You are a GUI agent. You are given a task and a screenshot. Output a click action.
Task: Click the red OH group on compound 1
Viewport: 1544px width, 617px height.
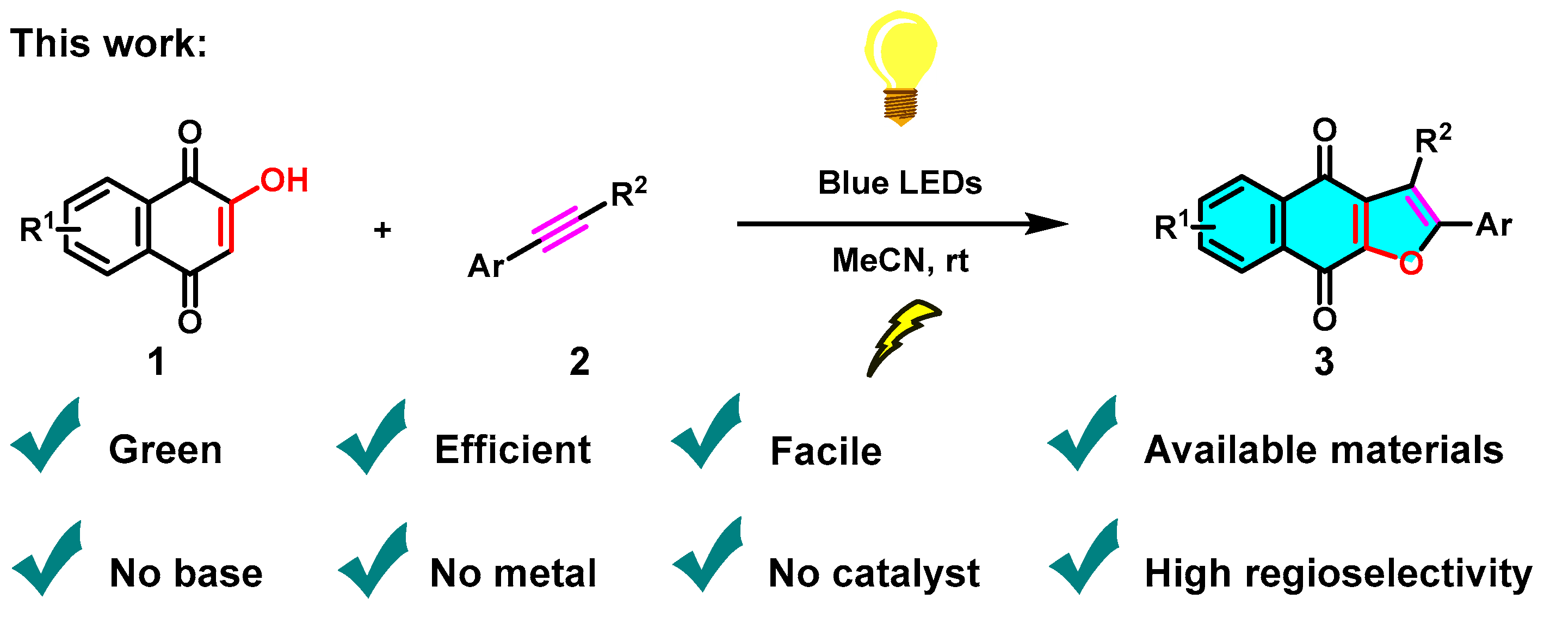(284, 180)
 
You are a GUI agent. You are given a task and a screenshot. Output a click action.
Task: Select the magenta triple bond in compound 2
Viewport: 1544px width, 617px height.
(559, 230)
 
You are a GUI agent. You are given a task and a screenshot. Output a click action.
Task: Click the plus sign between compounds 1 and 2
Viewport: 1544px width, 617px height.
(382, 230)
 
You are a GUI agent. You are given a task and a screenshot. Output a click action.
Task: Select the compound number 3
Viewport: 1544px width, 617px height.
(1324, 362)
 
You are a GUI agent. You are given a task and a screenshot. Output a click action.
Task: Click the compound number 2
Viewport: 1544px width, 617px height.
(579, 362)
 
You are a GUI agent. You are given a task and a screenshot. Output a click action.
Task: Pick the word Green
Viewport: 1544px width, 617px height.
(165, 450)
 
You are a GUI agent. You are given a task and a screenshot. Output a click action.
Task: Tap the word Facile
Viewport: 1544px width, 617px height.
(825, 451)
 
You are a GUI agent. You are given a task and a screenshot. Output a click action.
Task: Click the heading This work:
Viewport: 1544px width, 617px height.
(108, 43)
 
